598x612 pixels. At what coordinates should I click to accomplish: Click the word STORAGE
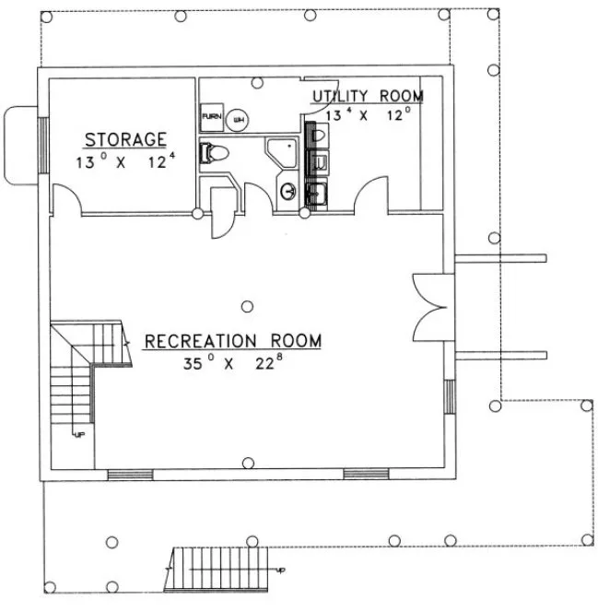(x=125, y=140)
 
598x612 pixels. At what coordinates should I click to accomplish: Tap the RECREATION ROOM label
(x=232, y=342)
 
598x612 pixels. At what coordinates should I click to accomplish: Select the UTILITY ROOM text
(x=367, y=96)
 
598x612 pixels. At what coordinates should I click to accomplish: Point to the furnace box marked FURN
(x=209, y=118)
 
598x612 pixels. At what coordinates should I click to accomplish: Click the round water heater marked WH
(x=237, y=118)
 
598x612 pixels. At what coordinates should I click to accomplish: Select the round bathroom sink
(x=288, y=192)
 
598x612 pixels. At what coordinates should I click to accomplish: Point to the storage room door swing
(x=65, y=197)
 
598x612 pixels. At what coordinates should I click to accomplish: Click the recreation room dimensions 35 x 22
(x=232, y=362)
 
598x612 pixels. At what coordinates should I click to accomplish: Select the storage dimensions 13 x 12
(x=125, y=160)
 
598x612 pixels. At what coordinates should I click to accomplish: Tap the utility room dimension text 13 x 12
(x=367, y=114)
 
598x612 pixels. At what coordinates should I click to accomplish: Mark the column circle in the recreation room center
(x=247, y=305)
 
